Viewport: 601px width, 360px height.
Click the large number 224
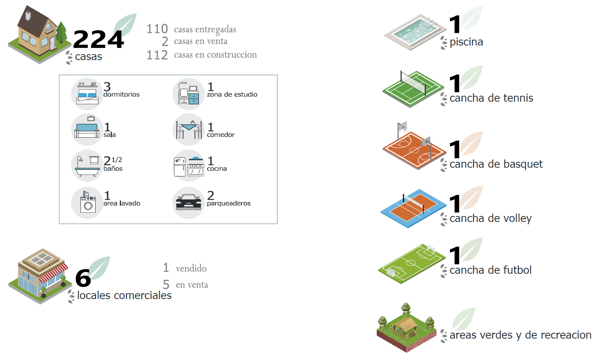click(x=98, y=40)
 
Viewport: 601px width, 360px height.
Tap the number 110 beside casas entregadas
click(x=157, y=29)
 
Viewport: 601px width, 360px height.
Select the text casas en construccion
click(x=215, y=55)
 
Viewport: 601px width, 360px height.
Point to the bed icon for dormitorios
click(x=87, y=94)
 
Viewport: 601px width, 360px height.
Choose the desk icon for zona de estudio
click(x=188, y=94)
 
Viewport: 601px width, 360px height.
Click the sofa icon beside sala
click(x=87, y=129)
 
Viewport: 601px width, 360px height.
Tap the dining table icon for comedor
click(x=189, y=129)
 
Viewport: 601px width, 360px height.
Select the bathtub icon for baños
click(x=87, y=166)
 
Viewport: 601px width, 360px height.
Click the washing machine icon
click(x=87, y=203)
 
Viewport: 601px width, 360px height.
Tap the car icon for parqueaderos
click(x=189, y=203)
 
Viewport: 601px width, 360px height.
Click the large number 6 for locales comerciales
click(x=83, y=278)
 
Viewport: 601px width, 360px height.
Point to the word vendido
click(x=191, y=269)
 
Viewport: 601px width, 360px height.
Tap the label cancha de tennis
click(x=491, y=98)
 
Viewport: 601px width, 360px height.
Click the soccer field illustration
click(x=411, y=263)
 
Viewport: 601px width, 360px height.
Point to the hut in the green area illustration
click(x=406, y=327)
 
